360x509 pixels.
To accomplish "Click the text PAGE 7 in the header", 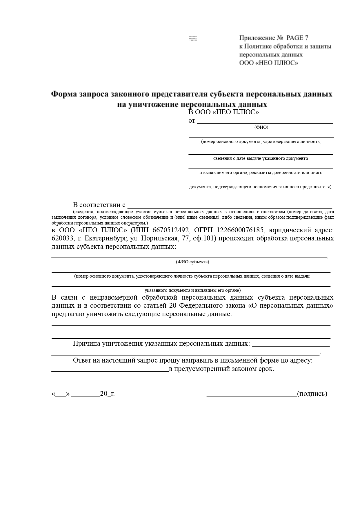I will pyautogui.click(x=297, y=38).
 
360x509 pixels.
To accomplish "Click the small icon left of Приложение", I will pyautogui.click(x=193, y=39).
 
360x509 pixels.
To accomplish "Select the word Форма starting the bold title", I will pyautogui.click(x=63, y=94).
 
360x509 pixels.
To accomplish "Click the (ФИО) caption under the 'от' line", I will pyautogui.click(x=261, y=127).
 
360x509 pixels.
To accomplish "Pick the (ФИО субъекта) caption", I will pyautogui.click(x=192, y=262).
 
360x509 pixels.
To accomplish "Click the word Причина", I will pyautogui.click(x=86, y=344).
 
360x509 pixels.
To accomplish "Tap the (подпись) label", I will pyautogui.click(x=312, y=394).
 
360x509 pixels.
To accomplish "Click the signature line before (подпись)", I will pyautogui.click(x=252, y=395).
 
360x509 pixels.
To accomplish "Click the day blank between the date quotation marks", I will pyautogui.click(x=60, y=395).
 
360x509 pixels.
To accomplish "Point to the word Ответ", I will pyautogui.click(x=82, y=361).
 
